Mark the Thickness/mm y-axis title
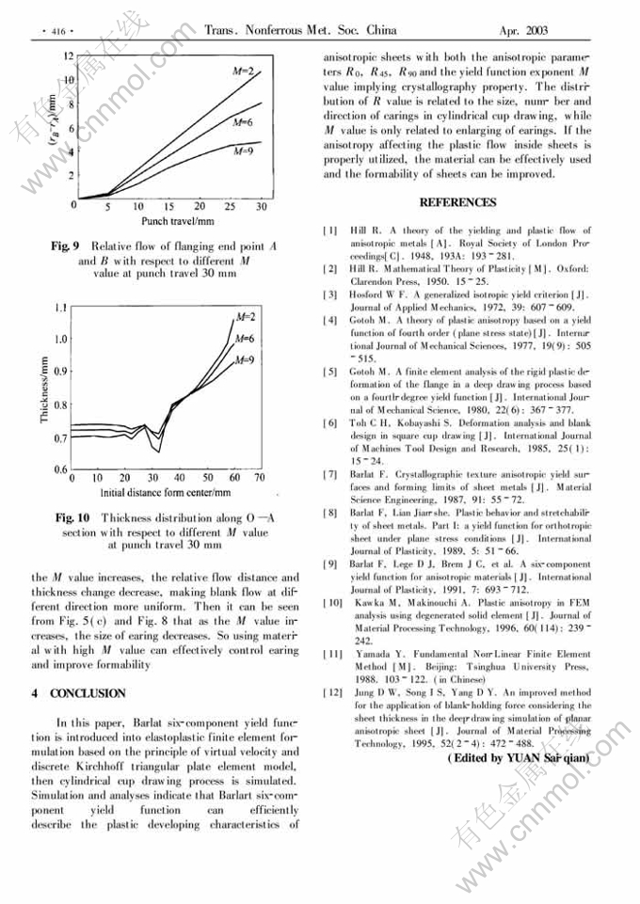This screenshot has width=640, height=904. (45, 387)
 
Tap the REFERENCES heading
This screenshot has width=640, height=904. (457, 202)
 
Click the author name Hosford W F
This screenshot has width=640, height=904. (377, 294)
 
